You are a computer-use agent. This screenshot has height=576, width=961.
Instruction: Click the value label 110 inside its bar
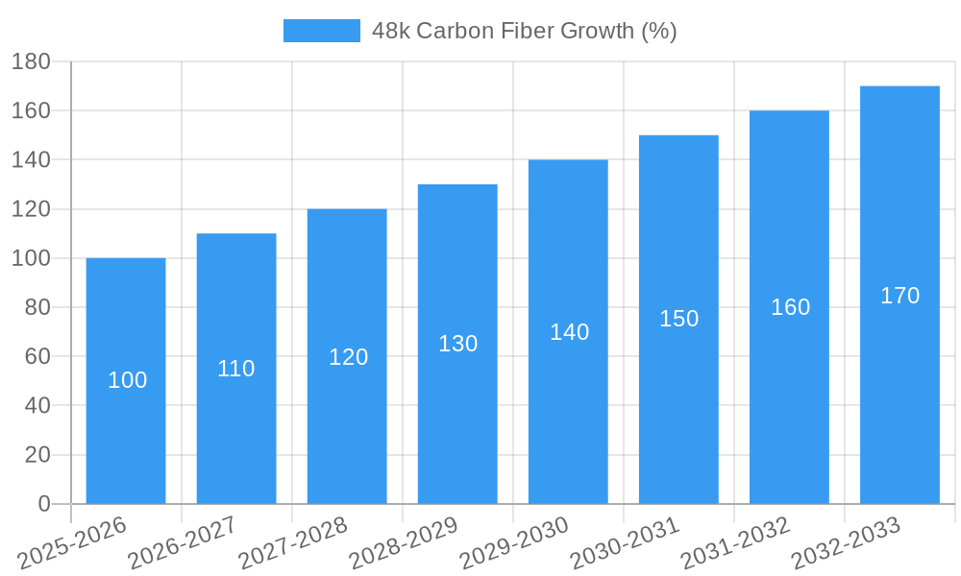236,369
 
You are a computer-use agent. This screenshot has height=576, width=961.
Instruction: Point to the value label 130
457,344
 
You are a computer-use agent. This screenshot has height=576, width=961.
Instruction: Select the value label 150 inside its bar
678,319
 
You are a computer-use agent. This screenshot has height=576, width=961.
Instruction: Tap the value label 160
790,307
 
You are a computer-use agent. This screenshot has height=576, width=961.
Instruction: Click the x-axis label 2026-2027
183,541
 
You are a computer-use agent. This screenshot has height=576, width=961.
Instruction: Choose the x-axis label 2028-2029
404,541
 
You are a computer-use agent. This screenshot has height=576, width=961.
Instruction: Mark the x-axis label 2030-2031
625,541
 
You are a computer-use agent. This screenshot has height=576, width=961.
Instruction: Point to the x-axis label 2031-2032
735,541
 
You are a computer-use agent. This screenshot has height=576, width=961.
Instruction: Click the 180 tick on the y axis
31,61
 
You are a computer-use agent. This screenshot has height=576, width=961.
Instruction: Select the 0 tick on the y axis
43,504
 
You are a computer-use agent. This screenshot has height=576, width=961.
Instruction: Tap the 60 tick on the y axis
37,356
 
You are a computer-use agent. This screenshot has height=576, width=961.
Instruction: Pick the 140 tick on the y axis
31,159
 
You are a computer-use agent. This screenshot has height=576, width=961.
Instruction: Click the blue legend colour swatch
321,31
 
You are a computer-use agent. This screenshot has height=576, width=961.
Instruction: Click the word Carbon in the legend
449,31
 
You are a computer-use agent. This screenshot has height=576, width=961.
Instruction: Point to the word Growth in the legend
594,31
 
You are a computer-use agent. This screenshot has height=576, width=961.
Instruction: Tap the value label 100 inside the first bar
127,380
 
